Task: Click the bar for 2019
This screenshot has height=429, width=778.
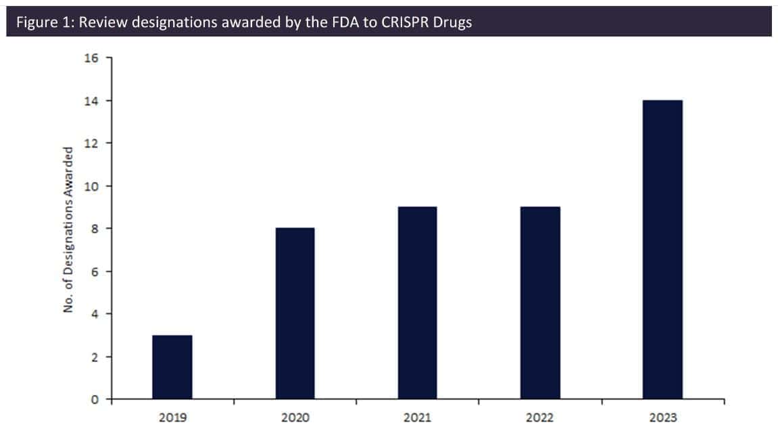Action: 172,367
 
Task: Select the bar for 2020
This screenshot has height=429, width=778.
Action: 295,313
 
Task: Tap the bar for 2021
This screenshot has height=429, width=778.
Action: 417,302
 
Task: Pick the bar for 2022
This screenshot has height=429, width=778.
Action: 540,302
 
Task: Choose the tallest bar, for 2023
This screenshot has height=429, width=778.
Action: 662,250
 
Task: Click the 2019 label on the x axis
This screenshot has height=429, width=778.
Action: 172,418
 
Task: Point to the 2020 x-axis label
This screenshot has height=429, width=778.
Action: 295,418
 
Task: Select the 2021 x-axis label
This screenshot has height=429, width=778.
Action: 417,418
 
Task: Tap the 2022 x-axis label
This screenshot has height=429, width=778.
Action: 540,418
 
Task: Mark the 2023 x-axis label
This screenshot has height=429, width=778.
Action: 662,418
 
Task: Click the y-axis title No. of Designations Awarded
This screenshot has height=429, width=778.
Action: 68,229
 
